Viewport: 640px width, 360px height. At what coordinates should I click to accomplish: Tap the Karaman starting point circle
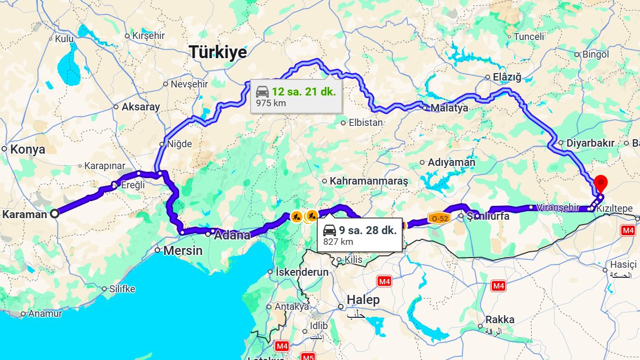point(54,214)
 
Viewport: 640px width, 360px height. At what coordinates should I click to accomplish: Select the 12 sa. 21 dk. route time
point(303,91)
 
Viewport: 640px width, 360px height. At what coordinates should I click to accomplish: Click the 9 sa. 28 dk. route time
point(367,230)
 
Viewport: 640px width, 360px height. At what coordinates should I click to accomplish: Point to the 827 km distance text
point(338,242)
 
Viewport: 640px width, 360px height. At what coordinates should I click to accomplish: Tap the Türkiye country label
point(219,53)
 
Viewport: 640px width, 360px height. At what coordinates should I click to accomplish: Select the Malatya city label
point(449,108)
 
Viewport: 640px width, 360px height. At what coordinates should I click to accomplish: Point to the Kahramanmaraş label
point(369,181)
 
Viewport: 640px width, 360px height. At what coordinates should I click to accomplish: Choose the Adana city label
point(232,235)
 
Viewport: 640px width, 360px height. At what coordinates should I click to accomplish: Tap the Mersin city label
point(183,250)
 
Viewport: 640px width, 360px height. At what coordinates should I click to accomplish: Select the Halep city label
point(363,300)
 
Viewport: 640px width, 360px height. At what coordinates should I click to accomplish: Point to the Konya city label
point(28,149)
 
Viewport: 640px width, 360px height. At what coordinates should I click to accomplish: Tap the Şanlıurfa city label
point(488,217)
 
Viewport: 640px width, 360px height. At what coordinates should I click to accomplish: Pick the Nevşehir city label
point(189,84)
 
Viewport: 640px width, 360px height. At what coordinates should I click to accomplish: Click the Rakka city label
point(500,320)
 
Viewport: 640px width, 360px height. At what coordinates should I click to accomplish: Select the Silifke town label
point(122,289)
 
